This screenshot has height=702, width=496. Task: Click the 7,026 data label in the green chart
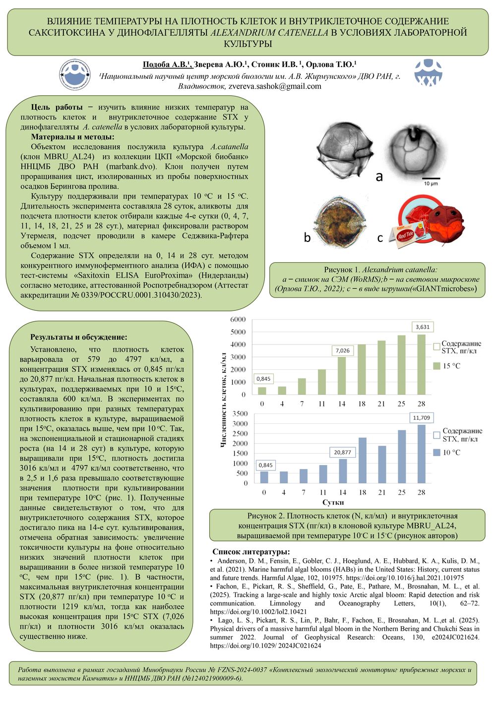pyautogui.click(x=342, y=351)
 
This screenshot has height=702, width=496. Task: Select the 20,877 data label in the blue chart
pyautogui.click(x=342, y=452)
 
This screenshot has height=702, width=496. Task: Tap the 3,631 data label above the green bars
pyautogui.click(x=423, y=327)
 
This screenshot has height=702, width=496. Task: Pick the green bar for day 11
pyautogui.click(x=322, y=382)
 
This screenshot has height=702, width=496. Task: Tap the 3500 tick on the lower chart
pyautogui.click(x=240, y=413)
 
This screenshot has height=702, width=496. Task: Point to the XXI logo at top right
pyautogui.click(x=428, y=73)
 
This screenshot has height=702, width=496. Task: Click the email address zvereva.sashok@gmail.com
pyautogui.click(x=275, y=86)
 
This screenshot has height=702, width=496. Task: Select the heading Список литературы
pyautogui.click(x=251, y=552)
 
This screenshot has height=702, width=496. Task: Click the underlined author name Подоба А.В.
pyautogui.click(x=166, y=65)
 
